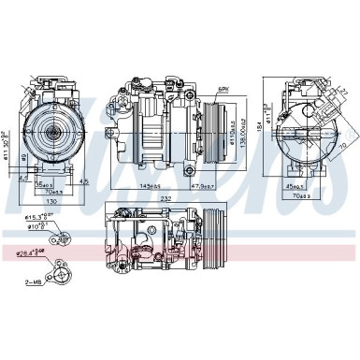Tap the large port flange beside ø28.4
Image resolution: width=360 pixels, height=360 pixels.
pos(63,272)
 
